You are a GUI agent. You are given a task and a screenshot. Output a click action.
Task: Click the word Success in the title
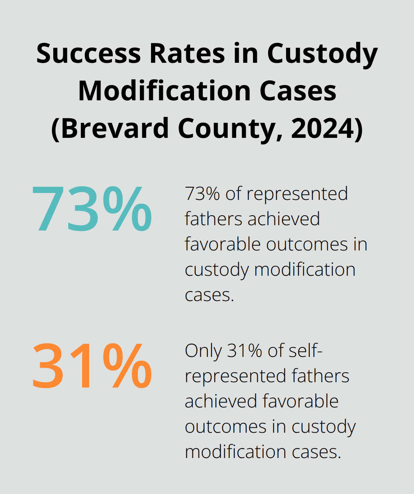pos(89,53)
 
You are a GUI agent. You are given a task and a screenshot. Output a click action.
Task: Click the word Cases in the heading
pos(298,91)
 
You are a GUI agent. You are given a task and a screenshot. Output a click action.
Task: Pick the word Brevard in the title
pos(114,128)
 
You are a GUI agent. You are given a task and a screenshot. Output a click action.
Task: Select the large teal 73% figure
pos(92,209)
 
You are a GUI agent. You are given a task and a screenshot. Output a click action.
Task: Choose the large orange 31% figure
pos(92,366)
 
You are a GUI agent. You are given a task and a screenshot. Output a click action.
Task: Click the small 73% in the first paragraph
pos(202,194)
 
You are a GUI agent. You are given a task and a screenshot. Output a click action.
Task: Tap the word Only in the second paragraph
pos(203,351)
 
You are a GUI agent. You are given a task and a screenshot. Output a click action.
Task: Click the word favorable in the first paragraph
pos(223,244)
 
